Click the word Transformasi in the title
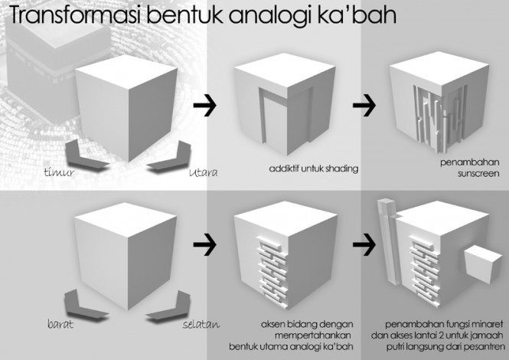tap(75, 15)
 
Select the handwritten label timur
tap(59, 172)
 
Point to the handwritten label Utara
tap(203, 172)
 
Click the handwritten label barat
tap(60, 324)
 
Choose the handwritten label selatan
tap(201, 324)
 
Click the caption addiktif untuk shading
tap(314, 169)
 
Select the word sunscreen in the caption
tap(478, 174)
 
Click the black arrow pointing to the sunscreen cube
tap(364, 105)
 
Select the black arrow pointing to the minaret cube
tap(364, 244)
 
